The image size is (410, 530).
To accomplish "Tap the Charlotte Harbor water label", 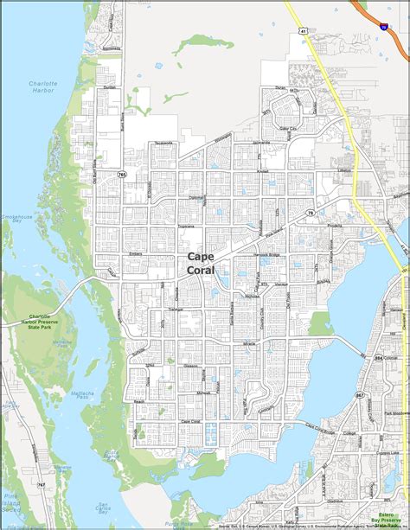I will pyautogui.click(x=36, y=87).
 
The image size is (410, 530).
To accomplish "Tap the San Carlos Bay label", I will pyautogui.click(x=104, y=508).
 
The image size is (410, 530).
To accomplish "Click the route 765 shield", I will pyautogui.click(x=123, y=176).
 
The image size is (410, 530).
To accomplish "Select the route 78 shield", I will pyautogui.click(x=310, y=213).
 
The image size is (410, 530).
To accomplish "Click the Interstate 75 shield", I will pyautogui.click(x=383, y=28).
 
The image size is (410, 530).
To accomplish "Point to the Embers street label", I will pyautogui.click(x=135, y=253).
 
